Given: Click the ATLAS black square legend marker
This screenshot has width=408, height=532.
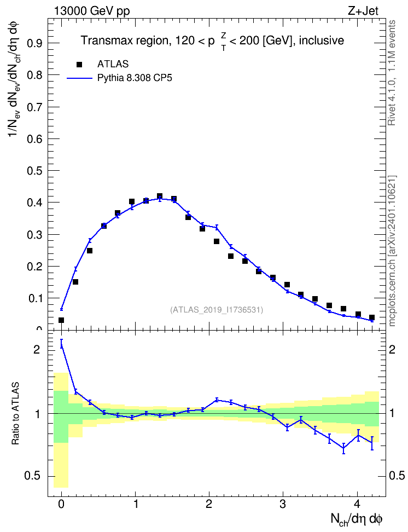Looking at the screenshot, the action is (x=79, y=64).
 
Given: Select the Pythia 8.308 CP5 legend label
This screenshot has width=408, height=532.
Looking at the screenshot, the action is (x=135, y=78).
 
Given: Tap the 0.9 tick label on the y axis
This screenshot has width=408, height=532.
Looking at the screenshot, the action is (x=34, y=43).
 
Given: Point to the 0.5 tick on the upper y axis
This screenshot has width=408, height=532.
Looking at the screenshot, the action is (x=34, y=171).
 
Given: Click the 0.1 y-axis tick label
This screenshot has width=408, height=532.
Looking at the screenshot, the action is (x=34, y=298).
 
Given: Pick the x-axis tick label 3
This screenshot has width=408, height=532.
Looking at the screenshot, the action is (x=283, y=504).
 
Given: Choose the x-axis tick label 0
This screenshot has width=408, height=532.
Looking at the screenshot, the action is (x=61, y=504).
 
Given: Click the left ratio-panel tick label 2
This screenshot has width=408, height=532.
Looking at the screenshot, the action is (x=37, y=349).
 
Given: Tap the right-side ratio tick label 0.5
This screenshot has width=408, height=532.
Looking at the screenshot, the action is (x=397, y=476).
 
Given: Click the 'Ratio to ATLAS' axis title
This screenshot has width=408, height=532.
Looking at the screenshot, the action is (x=15, y=413).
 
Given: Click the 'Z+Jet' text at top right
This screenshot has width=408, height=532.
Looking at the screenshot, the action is (x=363, y=11).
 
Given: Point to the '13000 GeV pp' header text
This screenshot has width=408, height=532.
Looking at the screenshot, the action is (x=92, y=11).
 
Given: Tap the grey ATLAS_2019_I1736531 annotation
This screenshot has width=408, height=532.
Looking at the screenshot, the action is (x=217, y=310).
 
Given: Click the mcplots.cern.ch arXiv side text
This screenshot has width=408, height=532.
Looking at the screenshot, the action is (x=392, y=251).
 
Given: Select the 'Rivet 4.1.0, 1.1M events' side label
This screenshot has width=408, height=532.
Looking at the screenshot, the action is (x=392, y=73).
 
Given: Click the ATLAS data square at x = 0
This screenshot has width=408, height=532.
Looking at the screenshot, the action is (x=61, y=320).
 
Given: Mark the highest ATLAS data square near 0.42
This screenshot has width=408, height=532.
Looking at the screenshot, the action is (x=160, y=196).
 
